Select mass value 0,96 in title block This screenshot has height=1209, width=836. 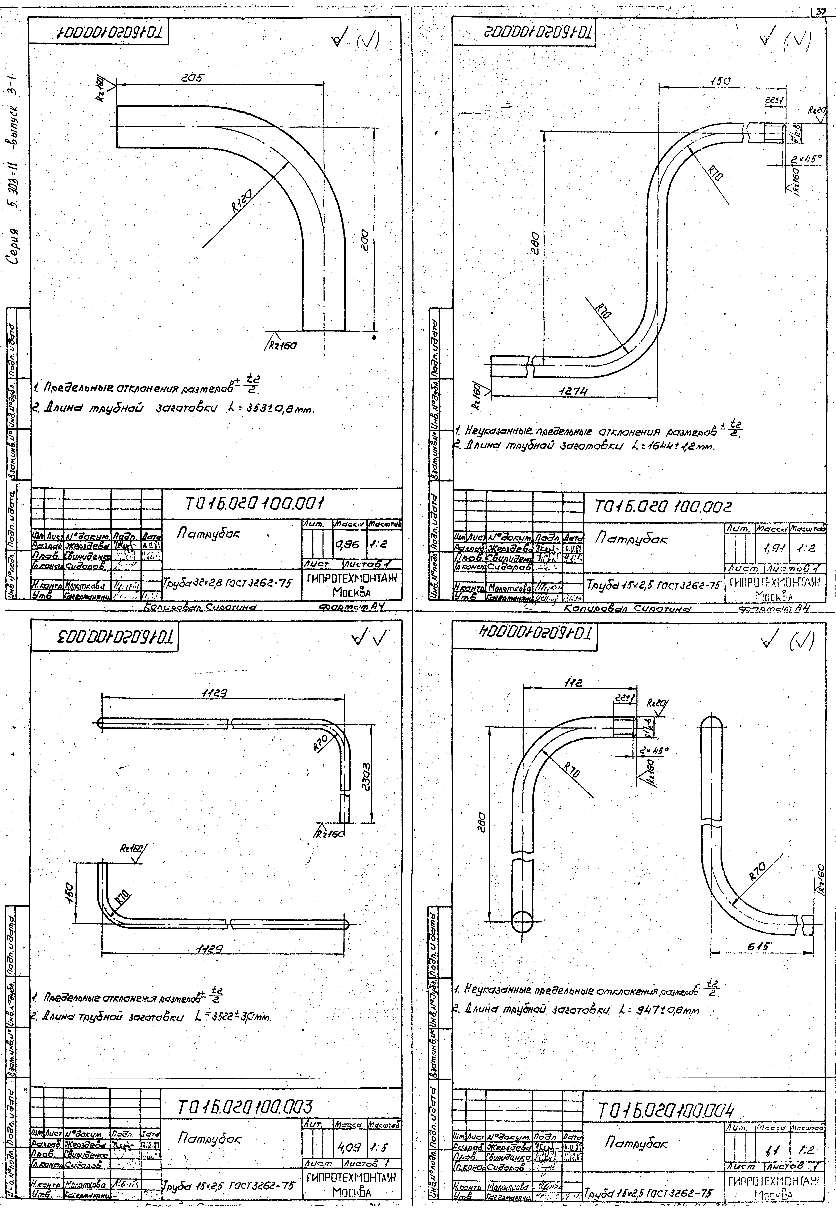coord(347,544)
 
